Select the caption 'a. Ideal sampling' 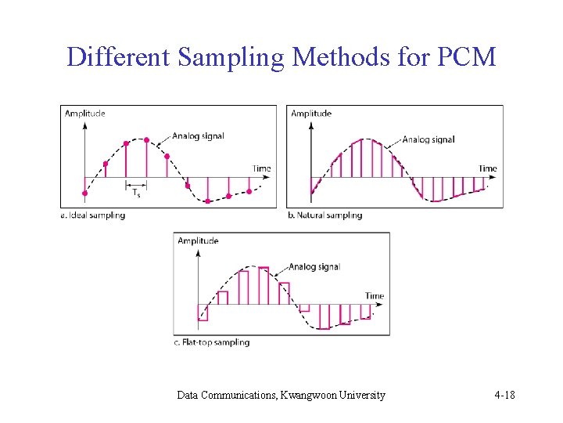(93, 215)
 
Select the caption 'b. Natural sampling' (325, 215)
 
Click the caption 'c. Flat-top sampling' (211, 342)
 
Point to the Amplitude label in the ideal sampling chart (84, 114)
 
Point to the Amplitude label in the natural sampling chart (310, 114)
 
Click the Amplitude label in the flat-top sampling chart (198, 240)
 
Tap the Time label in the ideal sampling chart (262, 168)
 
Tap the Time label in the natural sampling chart (487, 168)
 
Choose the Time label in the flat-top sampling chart (375, 296)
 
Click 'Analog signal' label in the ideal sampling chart (198, 136)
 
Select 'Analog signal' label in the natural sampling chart (429, 139)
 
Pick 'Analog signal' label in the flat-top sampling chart (314, 266)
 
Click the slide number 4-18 (504, 395)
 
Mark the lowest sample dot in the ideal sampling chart (207, 201)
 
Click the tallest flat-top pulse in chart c (264, 286)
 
